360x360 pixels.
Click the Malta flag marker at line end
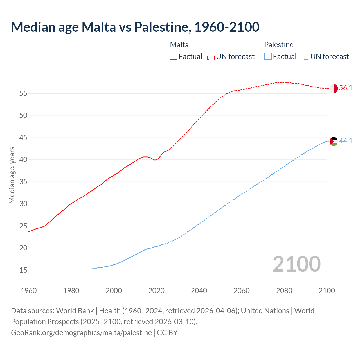pyautogui.click(x=334, y=88)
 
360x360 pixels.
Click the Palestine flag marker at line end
pyautogui.click(x=334, y=141)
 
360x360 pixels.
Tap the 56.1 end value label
pyautogui.click(x=346, y=88)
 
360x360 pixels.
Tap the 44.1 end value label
pyautogui.click(x=346, y=141)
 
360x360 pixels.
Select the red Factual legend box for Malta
pyautogui.click(x=174, y=57)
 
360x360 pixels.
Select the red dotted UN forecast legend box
pyautogui.click(x=211, y=57)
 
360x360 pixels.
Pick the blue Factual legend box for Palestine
pyautogui.click(x=268, y=57)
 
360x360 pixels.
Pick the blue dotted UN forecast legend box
pyautogui.click(x=305, y=57)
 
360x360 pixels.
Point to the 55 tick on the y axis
pyautogui.click(x=23, y=93)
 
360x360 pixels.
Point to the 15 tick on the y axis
pyautogui.click(x=23, y=270)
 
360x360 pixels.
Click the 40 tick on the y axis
pyautogui.click(x=23, y=160)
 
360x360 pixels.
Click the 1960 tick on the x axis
pyautogui.click(x=29, y=291)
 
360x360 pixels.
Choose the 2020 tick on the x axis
pyautogui.click(x=156, y=291)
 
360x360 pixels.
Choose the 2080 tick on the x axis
pyautogui.click(x=284, y=291)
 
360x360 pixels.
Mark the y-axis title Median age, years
pyautogui.click(x=12, y=175)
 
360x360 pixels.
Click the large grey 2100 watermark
pyautogui.click(x=296, y=264)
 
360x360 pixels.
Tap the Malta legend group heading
pyautogui.click(x=179, y=45)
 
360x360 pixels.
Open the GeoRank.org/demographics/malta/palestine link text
pyautogui.click(x=81, y=333)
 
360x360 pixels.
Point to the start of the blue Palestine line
pyautogui.click(x=93, y=268)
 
